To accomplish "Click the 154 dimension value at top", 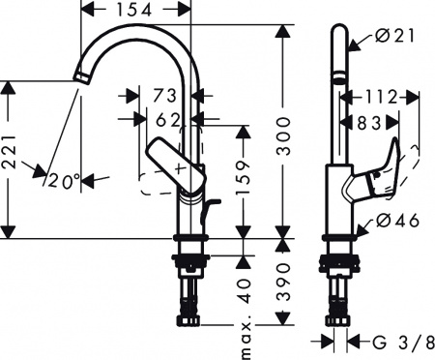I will coord(136,11).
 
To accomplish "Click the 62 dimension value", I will coord(167,120).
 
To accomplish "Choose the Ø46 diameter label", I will coord(392,221).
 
